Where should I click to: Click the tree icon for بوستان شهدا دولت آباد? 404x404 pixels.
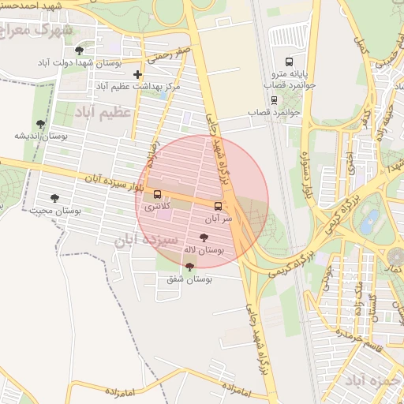79,50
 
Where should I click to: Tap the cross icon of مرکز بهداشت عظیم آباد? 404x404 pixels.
137,74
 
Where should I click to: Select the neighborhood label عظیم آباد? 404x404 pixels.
102,114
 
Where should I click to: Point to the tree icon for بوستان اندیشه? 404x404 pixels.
40,124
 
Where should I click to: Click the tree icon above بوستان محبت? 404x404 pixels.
54,198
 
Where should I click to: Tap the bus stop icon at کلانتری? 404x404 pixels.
157,194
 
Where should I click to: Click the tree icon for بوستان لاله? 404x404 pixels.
204,238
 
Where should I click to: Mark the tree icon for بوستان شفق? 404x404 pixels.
189,267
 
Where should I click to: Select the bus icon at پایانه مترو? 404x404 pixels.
289,60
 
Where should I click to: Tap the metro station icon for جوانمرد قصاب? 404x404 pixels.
274,99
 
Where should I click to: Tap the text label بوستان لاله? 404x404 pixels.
204,249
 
